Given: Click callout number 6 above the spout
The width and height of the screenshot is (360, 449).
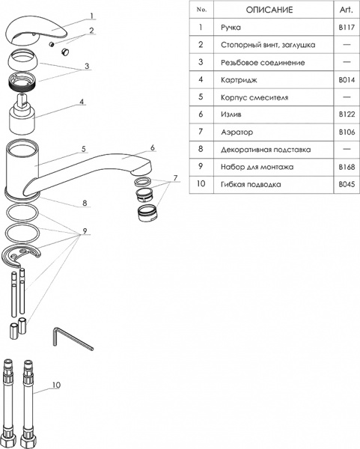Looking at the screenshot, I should [151, 147].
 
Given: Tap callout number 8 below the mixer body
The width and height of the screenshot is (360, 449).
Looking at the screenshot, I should [85, 203].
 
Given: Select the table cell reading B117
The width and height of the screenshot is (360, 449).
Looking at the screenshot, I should [345, 27].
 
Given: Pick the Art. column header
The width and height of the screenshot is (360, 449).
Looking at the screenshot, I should [345, 10].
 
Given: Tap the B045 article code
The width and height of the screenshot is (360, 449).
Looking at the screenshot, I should [345, 183].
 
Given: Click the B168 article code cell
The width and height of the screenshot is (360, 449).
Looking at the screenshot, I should [345, 166].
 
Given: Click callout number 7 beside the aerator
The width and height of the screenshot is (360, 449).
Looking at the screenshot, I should [175, 178].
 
